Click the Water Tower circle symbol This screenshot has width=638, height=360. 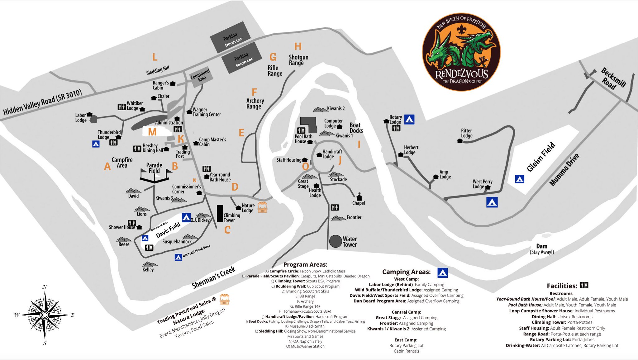pos(336,241)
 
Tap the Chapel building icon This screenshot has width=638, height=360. pos(359,197)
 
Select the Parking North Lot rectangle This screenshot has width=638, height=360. pos(231,37)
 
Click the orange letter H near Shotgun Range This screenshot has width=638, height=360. pos(298,46)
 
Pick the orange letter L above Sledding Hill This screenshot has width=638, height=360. pos(155,57)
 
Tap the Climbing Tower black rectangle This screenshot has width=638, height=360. pos(220,213)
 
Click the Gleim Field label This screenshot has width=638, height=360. pos(541,157)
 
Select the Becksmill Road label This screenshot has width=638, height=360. pos(613,79)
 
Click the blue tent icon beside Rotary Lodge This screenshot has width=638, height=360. pos(409,119)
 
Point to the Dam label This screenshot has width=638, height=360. pos(542,246)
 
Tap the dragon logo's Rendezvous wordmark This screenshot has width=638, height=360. pos(461,74)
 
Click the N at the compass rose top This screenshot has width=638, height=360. pos(45,287)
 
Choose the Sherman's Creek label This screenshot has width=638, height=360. pos(213,278)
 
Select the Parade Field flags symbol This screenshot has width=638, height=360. pos(155,175)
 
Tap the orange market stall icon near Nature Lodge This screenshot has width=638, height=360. pos(262,207)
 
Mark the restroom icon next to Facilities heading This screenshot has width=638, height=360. pos(584,285)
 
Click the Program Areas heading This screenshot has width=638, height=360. pos(305,264)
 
